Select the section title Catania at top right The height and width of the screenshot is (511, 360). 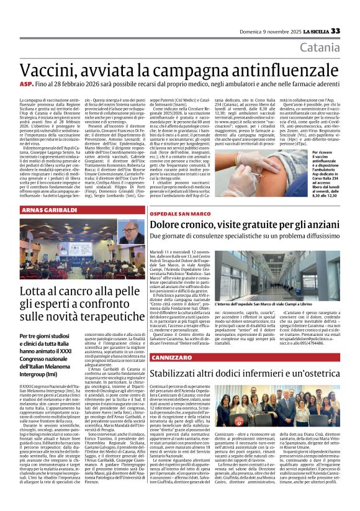[x=320, y=48]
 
